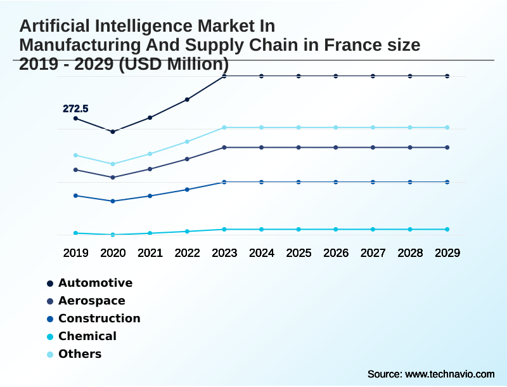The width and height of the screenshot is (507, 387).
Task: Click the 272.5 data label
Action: point(75,109)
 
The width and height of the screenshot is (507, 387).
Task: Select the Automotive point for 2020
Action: point(113,131)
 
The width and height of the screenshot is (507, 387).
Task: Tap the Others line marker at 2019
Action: point(75,155)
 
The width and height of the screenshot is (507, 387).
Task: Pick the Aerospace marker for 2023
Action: point(224,147)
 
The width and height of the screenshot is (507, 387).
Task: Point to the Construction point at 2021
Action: point(150,195)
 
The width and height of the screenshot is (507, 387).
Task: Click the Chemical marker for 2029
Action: point(447,229)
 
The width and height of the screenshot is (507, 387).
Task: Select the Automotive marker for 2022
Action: point(187,100)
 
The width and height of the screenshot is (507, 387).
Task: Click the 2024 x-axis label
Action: point(261,253)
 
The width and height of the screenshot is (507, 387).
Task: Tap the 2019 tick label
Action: point(75,253)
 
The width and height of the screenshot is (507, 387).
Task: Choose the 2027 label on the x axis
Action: point(373,253)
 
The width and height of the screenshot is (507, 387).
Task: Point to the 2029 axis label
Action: point(447,253)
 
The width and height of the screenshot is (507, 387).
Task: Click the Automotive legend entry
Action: point(95,283)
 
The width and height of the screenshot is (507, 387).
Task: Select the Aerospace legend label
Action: point(91,301)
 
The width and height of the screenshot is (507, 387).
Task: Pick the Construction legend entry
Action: point(99,318)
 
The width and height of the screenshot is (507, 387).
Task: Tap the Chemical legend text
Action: point(87,336)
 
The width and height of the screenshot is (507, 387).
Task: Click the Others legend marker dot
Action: point(50,354)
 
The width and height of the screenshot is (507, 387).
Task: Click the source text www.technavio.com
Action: point(449,374)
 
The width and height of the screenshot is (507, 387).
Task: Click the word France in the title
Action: point(354,45)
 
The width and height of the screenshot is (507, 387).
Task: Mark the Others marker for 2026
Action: point(336,128)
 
